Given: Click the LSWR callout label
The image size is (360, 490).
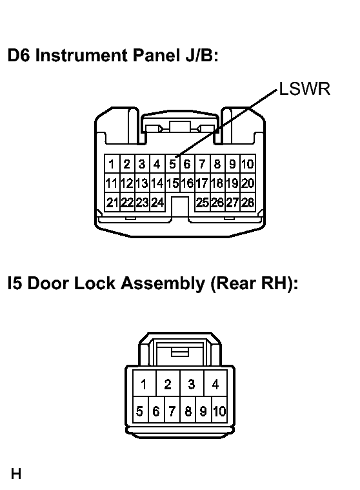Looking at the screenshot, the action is point(305,89).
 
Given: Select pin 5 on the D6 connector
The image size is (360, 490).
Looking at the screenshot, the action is point(173,164).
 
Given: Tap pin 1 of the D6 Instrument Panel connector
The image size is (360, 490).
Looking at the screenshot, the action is point(112,164).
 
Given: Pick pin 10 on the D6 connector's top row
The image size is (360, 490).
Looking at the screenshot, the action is point(248,164).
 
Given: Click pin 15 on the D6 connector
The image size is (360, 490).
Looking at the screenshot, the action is point(173,183).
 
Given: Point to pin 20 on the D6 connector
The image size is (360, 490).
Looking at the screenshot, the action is point(248,183).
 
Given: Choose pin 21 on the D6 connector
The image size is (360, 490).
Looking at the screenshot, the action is point(112,203).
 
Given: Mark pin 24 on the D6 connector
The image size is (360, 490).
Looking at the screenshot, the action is point(157,203).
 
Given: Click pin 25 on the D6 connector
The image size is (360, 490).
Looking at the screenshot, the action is point(203,203).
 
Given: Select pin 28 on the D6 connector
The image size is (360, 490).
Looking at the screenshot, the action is point(248,203).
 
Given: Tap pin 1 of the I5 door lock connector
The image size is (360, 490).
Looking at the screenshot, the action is point(144,383).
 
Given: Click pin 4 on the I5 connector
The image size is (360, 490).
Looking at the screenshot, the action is point(215,383).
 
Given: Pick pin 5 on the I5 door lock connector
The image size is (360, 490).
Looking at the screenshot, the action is point(140,411).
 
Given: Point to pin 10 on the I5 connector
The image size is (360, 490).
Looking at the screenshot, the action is point(219,411).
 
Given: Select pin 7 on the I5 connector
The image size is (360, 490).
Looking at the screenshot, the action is point(172,411).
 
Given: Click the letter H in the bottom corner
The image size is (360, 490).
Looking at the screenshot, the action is point(16,474).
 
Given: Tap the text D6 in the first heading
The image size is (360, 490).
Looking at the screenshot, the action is point(19,56).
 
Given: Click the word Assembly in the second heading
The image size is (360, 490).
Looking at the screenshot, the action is point(163,283).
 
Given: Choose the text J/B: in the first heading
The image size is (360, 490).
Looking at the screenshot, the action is point(201,56).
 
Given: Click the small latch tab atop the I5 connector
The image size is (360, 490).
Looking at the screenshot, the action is point(180,352).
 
